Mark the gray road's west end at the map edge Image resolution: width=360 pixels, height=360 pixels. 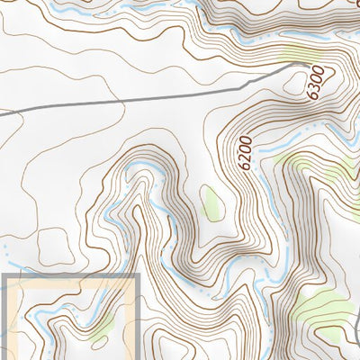2,113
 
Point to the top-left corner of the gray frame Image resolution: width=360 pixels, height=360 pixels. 4,276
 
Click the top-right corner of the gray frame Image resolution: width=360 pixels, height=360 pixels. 138,276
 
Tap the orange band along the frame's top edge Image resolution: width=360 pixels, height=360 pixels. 72,282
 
